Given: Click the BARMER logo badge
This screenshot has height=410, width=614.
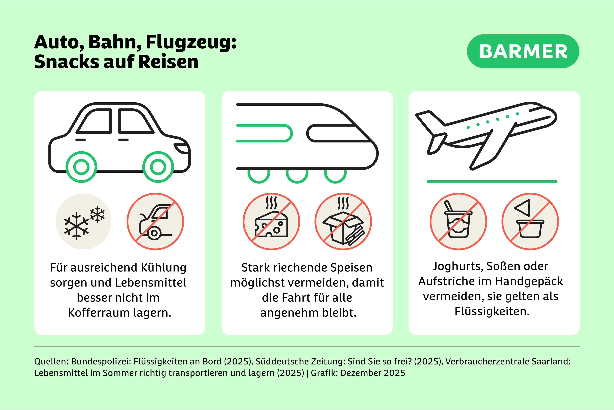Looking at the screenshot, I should pyautogui.click(x=523, y=51).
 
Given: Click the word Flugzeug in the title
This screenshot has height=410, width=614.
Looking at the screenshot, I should pyautogui.click(x=191, y=42).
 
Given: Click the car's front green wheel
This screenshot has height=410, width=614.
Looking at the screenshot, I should pyautogui.click(x=158, y=167).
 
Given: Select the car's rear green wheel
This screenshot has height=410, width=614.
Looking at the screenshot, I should pyautogui.click(x=81, y=167).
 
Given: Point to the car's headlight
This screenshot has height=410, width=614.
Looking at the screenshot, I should pyautogui.click(x=182, y=148).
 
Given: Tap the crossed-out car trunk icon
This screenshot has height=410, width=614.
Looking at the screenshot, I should pyautogui.click(x=155, y=221).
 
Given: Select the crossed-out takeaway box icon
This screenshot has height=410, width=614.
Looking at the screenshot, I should pyautogui.click(x=343, y=221).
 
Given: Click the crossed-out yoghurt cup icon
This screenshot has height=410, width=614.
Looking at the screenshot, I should pyautogui.click(x=458, y=221).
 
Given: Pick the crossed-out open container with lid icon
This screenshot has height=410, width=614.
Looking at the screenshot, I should pyautogui.click(x=530, y=221).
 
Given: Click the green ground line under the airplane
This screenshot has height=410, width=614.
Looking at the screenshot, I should pyautogui.click(x=492, y=182).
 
